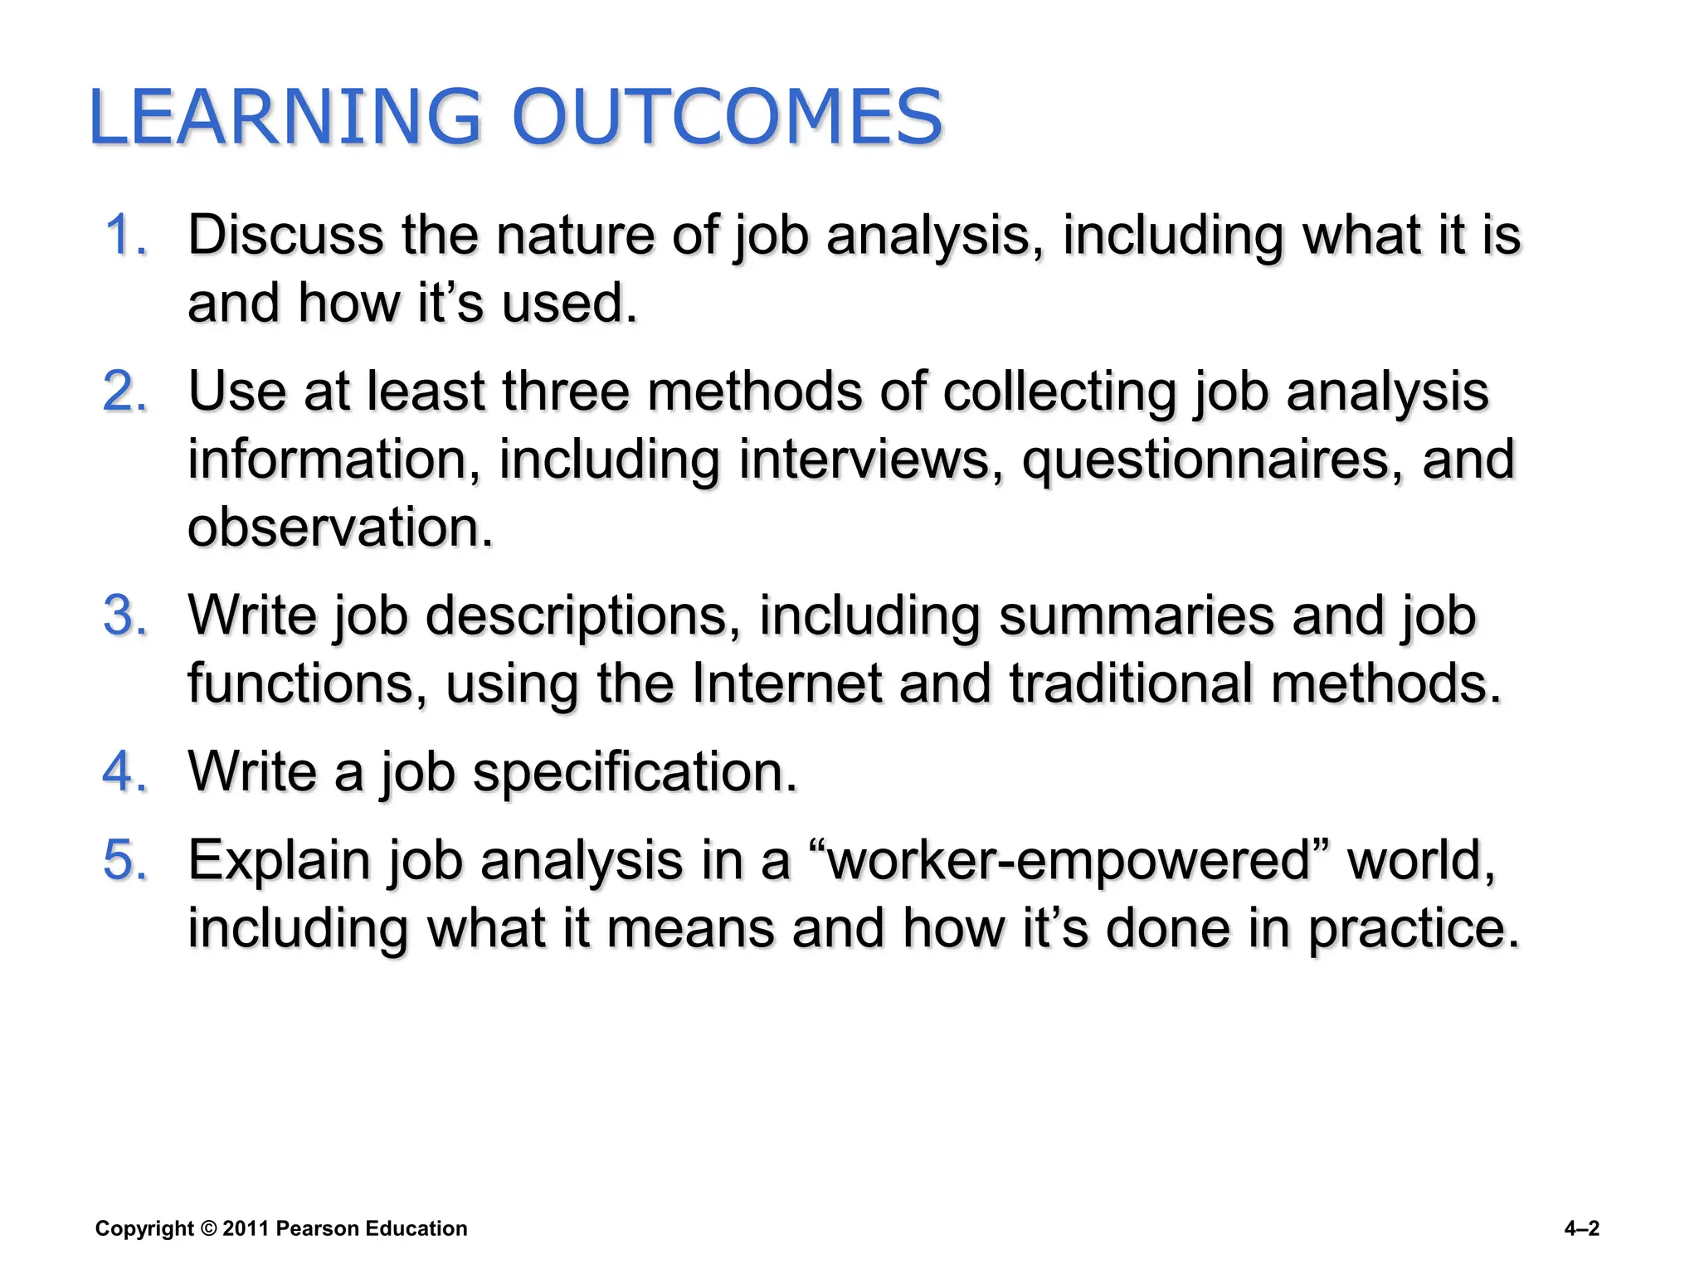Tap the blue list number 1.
click(126, 235)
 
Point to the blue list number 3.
click(126, 615)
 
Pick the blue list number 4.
click(126, 771)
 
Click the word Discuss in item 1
click(285, 235)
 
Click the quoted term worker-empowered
click(1070, 861)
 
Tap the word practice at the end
click(1414, 929)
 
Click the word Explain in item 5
click(279, 861)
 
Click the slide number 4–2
click(1581, 1228)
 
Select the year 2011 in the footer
click(245, 1228)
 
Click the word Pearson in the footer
click(317, 1228)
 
